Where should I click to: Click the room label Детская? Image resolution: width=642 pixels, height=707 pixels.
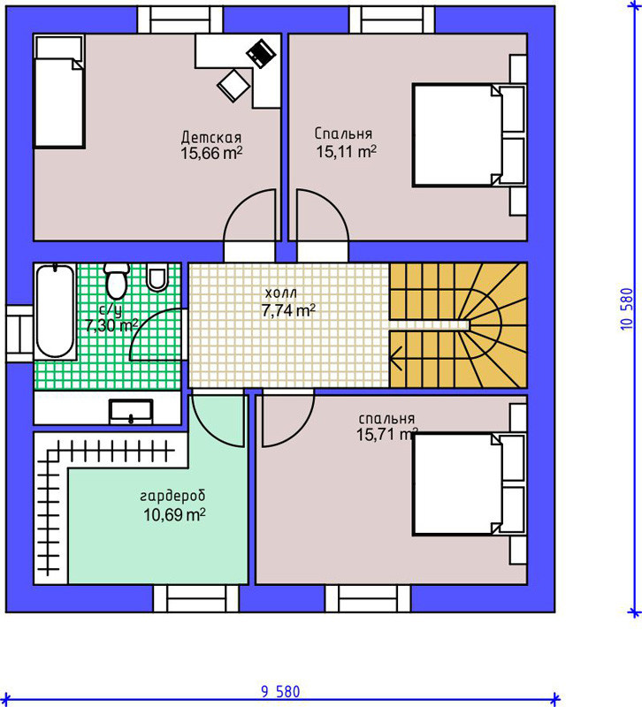(211, 137)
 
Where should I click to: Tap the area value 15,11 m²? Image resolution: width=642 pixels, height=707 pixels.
(346, 151)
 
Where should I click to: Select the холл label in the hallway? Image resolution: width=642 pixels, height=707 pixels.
(280, 293)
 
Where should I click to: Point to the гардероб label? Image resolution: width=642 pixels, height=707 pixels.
(172, 496)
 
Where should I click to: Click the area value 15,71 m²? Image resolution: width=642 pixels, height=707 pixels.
(386, 434)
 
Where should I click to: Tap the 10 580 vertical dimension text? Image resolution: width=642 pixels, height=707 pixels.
(627, 308)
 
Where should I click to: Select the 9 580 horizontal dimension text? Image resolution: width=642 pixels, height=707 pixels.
(280, 691)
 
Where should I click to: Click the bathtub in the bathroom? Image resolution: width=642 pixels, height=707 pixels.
(55, 311)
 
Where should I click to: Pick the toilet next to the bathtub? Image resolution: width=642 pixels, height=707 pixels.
(117, 280)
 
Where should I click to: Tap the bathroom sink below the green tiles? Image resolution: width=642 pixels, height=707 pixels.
(131, 412)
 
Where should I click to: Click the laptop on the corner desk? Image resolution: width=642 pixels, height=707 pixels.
(261, 54)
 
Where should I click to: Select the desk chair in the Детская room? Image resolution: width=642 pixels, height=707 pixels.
(233, 86)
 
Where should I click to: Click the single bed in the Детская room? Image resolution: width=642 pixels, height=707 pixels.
(59, 92)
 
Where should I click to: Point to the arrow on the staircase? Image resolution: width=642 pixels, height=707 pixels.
(396, 359)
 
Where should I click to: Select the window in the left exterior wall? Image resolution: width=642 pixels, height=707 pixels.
(19, 334)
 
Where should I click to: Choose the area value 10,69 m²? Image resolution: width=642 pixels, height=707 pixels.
(174, 514)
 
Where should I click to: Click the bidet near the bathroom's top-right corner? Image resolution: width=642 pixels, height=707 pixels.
(157, 277)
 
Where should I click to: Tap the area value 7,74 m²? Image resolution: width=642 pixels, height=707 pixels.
(288, 310)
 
